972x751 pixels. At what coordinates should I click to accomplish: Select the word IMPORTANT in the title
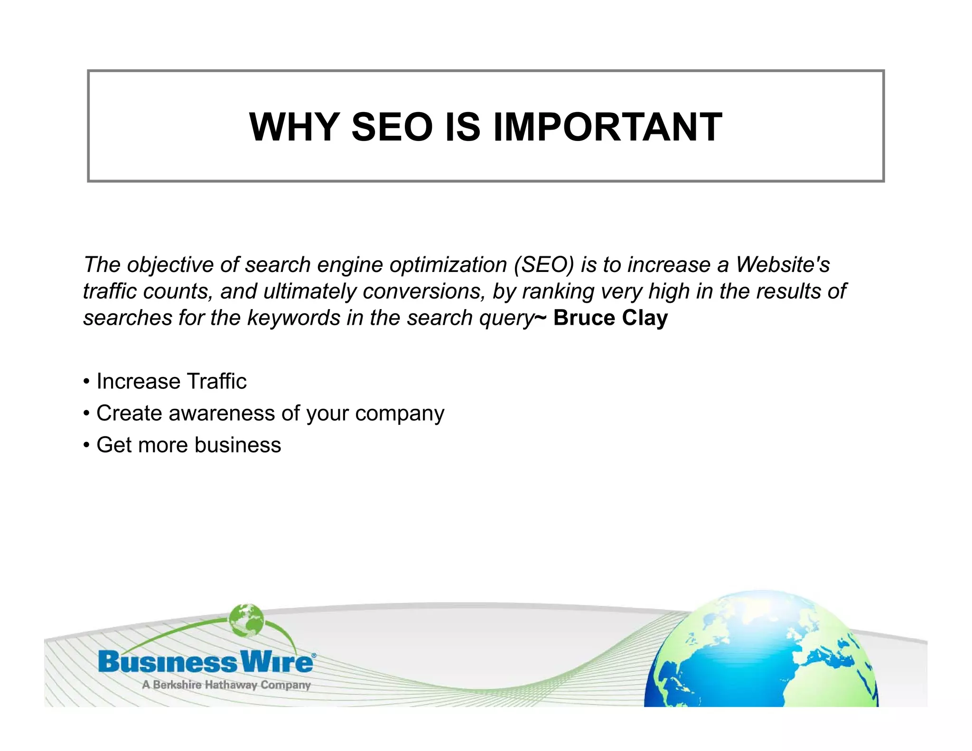[607, 127]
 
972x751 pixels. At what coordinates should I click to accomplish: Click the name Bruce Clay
[610, 318]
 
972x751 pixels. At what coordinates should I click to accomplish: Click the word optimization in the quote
[449, 264]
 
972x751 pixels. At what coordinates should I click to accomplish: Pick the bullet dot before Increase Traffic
[86, 382]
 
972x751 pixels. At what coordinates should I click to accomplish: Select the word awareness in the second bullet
[222, 413]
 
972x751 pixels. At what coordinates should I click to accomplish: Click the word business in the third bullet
[237, 445]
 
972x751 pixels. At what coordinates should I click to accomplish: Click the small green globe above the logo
[246, 620]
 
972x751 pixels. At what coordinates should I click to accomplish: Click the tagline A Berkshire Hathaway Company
[226, 685]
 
